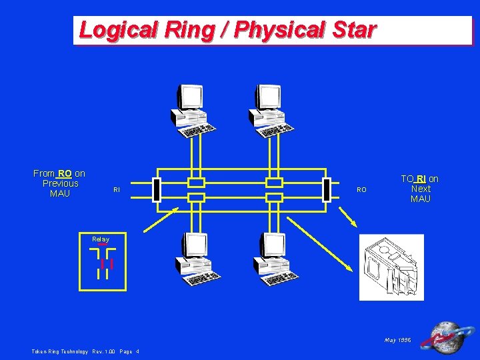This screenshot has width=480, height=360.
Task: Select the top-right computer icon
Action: (x=271, y=110)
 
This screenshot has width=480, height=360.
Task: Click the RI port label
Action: (x=117, y=190)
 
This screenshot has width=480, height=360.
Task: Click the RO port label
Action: (x=361, y=190)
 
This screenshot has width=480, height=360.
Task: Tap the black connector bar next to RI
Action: (x=156, y=189)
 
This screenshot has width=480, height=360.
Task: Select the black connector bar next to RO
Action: (x=326, y=189)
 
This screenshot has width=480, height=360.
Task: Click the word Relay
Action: (x=101, y=239)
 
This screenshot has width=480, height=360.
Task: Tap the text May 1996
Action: (x=398, y=340)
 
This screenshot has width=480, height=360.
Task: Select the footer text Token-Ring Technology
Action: (x=59, y=351)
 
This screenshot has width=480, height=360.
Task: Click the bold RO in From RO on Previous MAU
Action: (x=65, y=173)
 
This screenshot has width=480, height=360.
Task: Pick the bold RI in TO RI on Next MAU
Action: (x=421, y=179)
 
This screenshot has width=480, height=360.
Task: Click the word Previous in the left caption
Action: (x=60, y=183)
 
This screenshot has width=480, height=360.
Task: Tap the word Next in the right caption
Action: (x=421, y=189)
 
